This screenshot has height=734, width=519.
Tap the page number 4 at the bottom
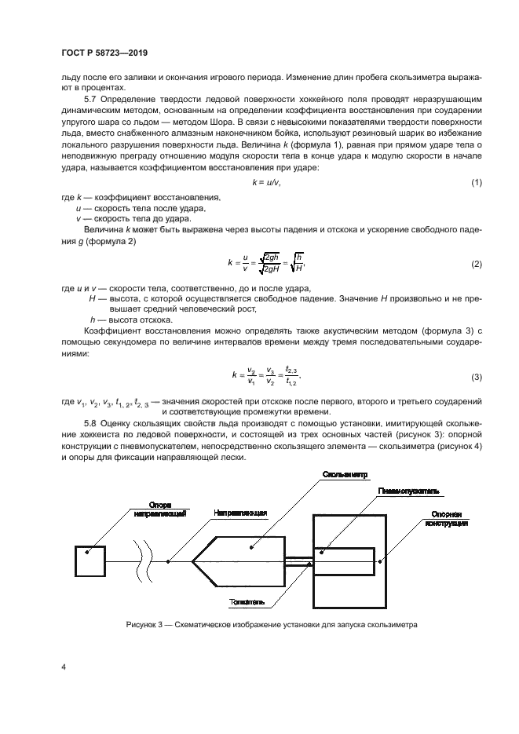point(64,666)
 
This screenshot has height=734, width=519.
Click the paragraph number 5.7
point(90,100)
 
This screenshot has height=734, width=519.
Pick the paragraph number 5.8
point(90,425)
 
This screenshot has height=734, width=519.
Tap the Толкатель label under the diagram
point(247,603)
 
